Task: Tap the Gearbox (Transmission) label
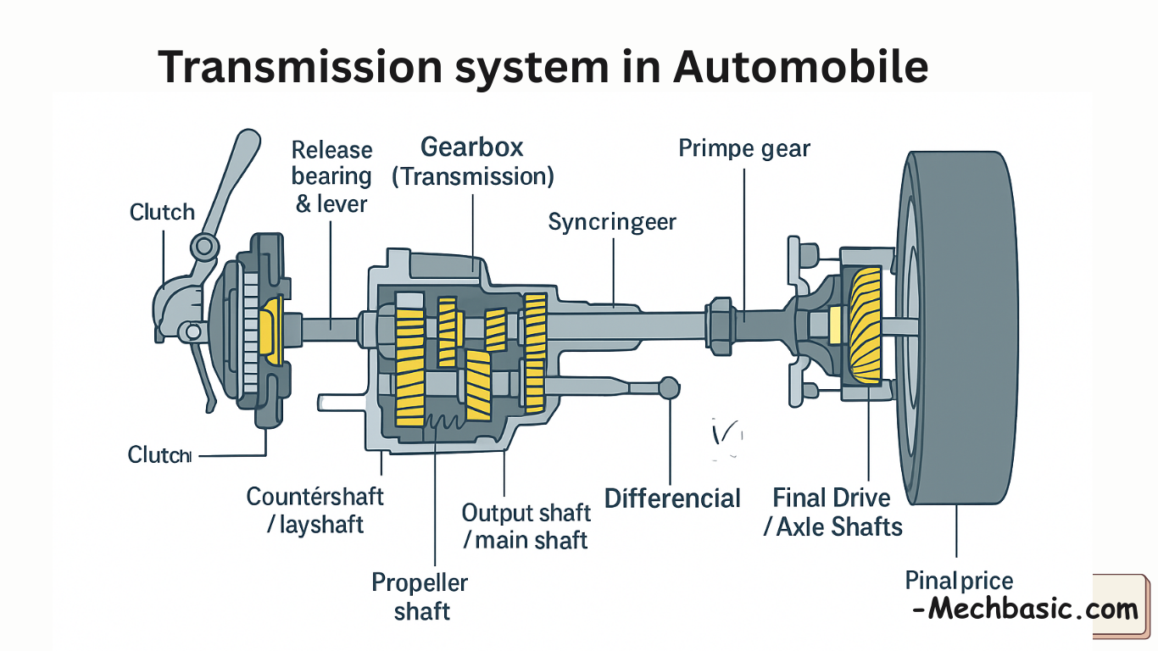pyautogui.click(x=472, y=161)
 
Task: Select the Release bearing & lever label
pyautogui.click(x=332, y=176)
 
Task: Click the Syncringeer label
pyautogui.click(x=612, y=222)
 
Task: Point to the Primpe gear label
pyautogui.click(x=744, y=149)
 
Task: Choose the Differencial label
pyautogui.click(x=672, y=498)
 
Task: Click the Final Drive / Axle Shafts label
pyautogui.click(x=832, y=512)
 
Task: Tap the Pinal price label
pyautogui.click(x=959, y=581)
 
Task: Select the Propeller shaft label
pyautogui.click(x=420, y=597)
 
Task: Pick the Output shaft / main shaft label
pyautogui.click(x=526, y=526)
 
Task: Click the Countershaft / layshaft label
pyautogui.click(x=315, y=509)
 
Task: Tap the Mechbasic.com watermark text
pyautogui.click(x=1025, y=608)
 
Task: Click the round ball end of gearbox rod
pyautogui.click(x=670, y=387)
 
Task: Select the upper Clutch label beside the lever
pyautogui.click(x=162, y=212)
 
